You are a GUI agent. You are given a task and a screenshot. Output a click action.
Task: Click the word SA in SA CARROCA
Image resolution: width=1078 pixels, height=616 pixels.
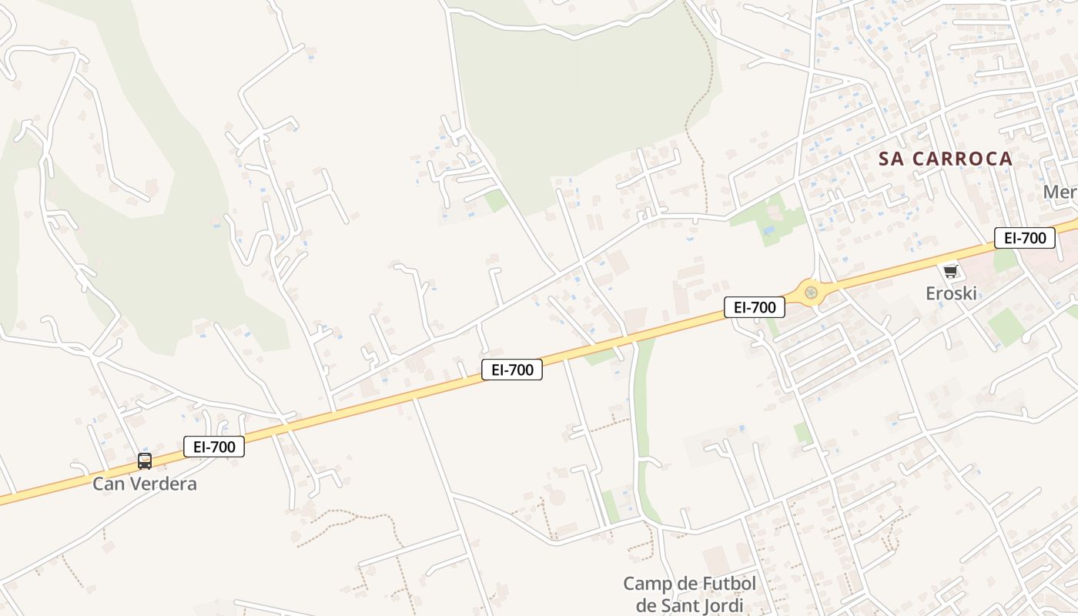click(893, 159)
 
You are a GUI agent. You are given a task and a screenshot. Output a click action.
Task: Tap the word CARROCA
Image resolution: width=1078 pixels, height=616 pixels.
click(962, 159)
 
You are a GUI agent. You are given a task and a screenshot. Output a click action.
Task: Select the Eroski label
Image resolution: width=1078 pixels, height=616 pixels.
click(951, 293)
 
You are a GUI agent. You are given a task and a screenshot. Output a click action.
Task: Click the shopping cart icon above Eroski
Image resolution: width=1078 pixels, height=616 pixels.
click(950, 271)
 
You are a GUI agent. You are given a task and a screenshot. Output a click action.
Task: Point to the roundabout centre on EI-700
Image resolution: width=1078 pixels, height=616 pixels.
click(810, 293)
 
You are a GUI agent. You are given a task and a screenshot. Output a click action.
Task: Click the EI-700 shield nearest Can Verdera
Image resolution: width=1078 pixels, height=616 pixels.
click(214, 447)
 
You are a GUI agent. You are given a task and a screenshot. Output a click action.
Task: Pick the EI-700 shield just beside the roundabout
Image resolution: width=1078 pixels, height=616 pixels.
click(755, 307)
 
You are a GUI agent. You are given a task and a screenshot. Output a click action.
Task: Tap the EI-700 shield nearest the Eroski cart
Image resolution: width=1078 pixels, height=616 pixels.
click(1024, 238)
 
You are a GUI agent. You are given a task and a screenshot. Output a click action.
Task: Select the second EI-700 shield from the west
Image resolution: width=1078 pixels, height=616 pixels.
click(512, 370)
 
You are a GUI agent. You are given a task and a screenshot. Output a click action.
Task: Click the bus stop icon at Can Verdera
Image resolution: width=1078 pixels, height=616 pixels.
click(145, 461)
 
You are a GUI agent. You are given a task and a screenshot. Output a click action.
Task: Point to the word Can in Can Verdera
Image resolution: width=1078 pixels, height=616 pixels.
click(108, 484)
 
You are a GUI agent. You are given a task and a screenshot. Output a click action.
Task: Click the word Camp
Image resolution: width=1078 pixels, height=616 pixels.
click(648, 583)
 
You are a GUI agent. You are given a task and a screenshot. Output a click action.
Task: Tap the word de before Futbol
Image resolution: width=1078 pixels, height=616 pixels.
click(685, 583)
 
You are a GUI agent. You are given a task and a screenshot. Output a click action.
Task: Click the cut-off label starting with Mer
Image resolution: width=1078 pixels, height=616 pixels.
click(1060, 192)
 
